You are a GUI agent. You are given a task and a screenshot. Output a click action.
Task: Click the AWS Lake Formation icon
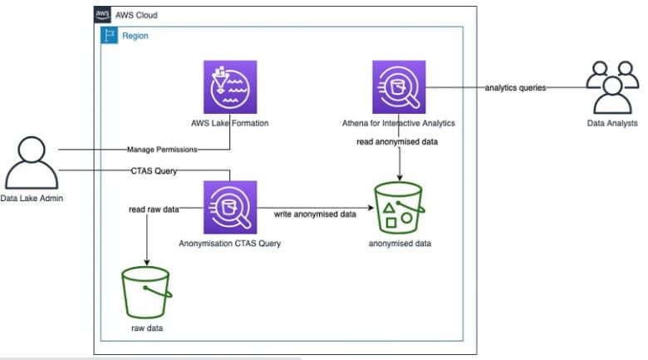(229, 86)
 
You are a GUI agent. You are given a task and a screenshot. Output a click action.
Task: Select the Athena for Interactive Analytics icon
(399, 86)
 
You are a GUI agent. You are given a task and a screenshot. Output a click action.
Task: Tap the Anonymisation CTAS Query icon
(229, 208)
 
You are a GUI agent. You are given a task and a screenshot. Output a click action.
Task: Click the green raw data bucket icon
(148, 291)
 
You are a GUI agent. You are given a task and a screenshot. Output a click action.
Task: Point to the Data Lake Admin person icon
(31, 161)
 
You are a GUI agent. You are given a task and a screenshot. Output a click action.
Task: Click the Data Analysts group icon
(611, 87)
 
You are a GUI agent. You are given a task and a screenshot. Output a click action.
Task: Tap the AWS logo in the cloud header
(103, 15)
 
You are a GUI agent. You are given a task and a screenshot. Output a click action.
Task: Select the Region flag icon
(110, 36)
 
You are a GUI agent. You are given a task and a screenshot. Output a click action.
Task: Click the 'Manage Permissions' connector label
(162, 150)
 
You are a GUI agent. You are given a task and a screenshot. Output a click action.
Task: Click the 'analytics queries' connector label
(515, 87)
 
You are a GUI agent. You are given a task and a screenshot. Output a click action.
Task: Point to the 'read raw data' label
(155, 210)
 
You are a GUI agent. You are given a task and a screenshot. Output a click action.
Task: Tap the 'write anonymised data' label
(315, 215)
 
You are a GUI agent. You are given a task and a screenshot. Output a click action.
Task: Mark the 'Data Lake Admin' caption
(32, 199)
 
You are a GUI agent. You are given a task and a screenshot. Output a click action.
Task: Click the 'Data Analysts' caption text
(611, 123)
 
